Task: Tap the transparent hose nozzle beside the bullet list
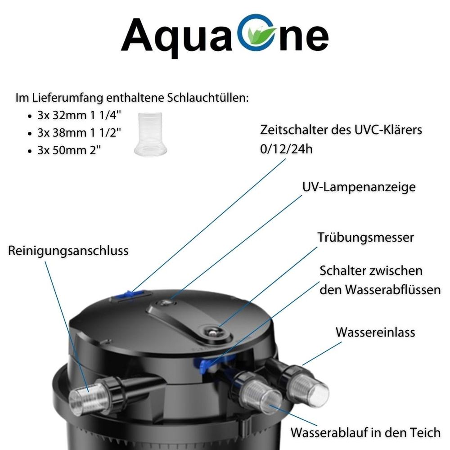click(x=150, y=134)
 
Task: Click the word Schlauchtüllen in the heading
click(x=208, y=98)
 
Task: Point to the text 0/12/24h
click(x=286, y=149)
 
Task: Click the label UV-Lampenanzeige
click(x=359, y=187)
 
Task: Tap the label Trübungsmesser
click(x=365, y=238)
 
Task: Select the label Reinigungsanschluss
click(x=68, y=251)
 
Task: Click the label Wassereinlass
click(x=375, y=333)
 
